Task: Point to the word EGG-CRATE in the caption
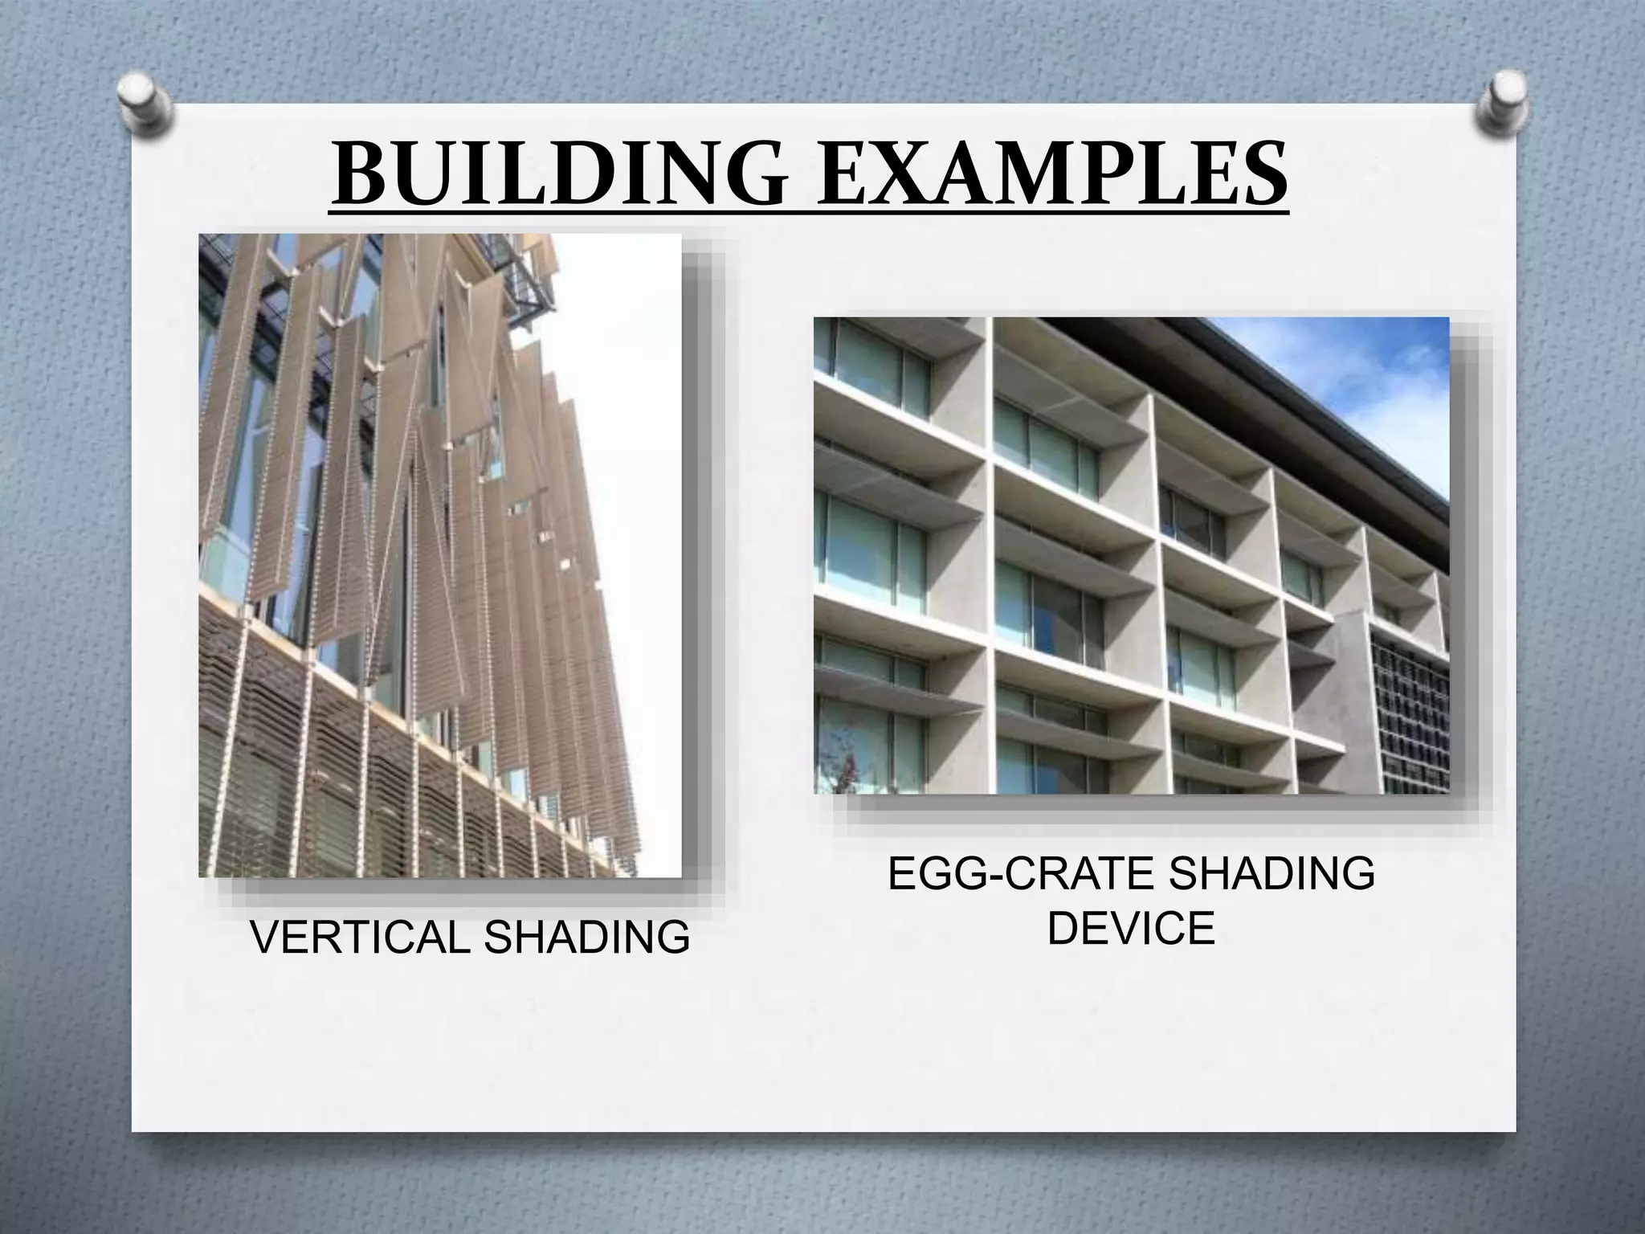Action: pyautogui.click(x=1020, y=874)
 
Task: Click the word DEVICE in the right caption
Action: pyautogui.click(x=1131, y=929)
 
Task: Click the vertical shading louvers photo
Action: pyautogui.click(x=439, y=554)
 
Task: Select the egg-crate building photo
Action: pyautogui.click(x=1131, y=554)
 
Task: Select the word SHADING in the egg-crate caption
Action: pyautogui.click(x=1270, y=874)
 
